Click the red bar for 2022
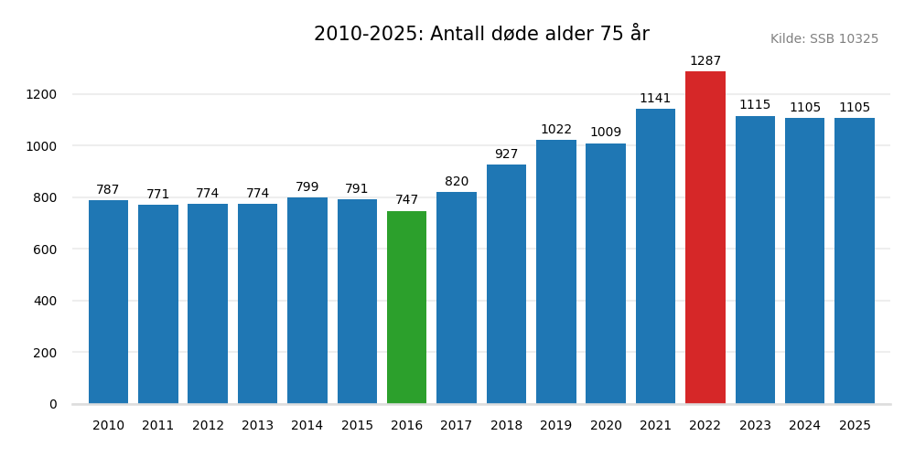705,238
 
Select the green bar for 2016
406,307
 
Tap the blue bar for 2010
108,302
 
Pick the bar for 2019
556,271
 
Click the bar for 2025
855,260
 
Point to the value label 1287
705,61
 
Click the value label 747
406,200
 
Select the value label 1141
655,99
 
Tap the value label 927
506,154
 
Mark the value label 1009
606,133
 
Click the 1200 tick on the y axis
41,94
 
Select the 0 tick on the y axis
52,404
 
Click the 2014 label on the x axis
307,426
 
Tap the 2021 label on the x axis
655,426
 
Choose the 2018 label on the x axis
506,426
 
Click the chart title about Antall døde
481,34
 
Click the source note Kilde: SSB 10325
823,39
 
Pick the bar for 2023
755,260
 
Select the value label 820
457,182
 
